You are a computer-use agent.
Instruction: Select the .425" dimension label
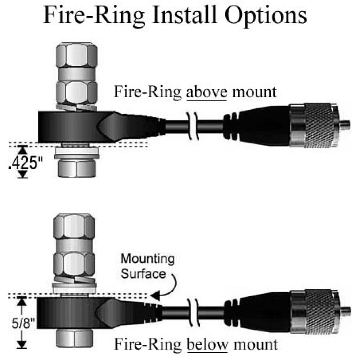23,163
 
